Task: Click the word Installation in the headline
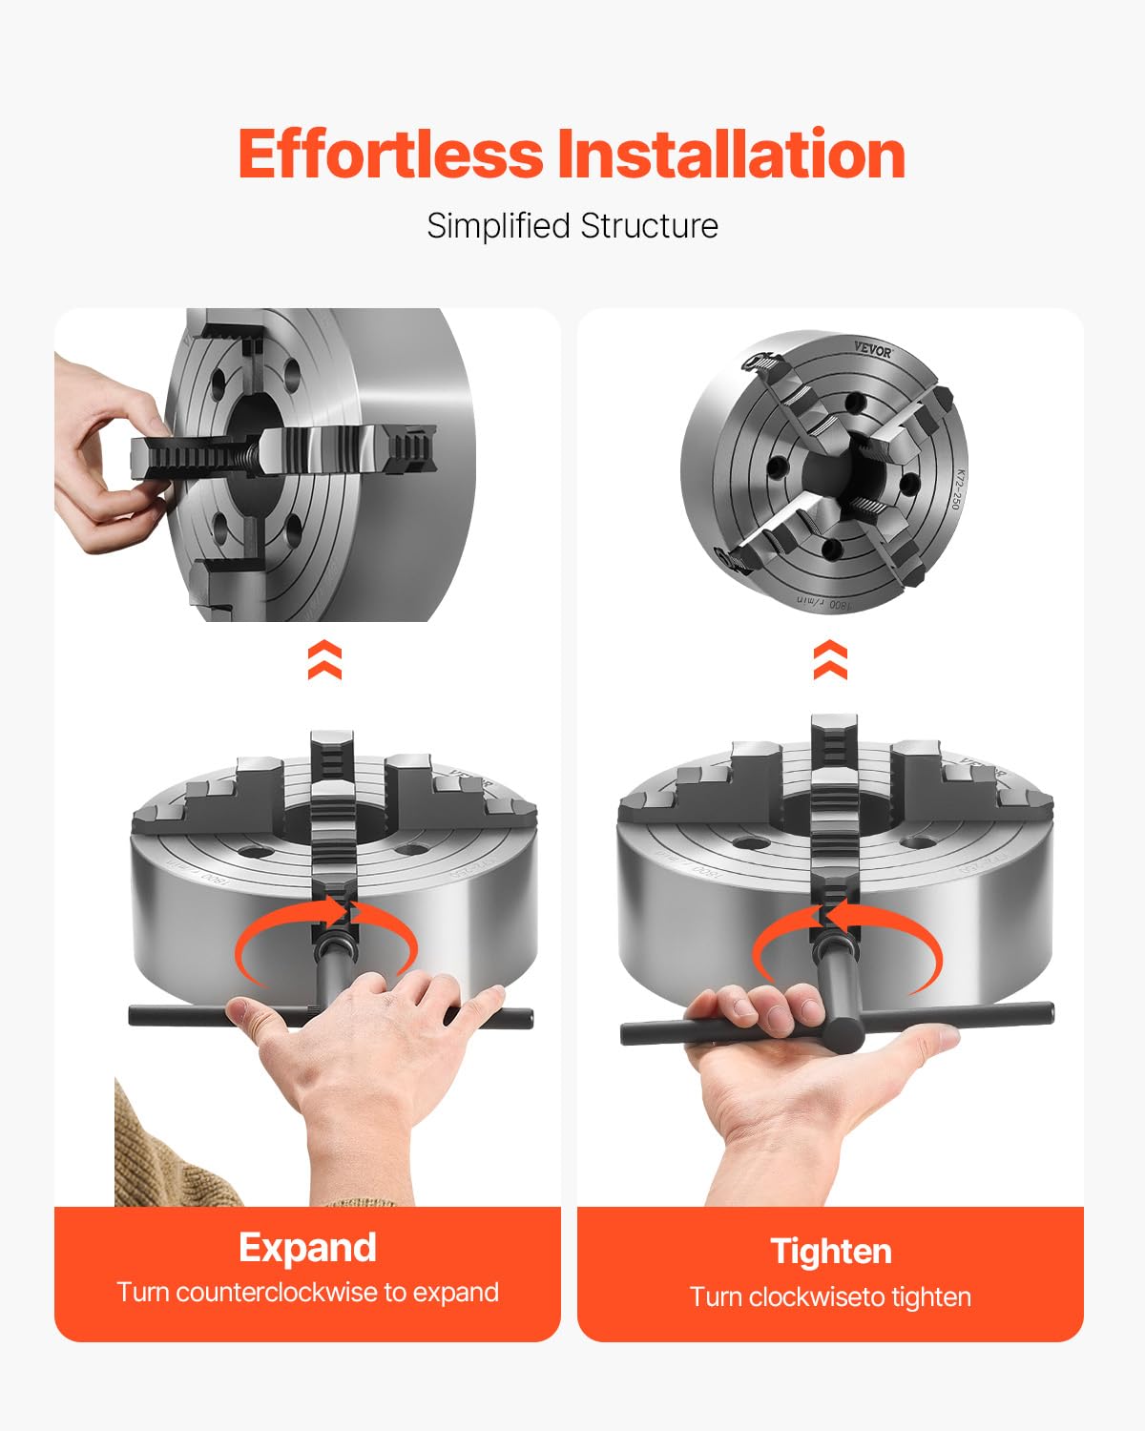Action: pos(731,156)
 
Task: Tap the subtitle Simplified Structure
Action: pos(572,226)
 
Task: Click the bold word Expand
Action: pos(307,1248)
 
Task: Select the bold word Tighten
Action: pos(831,1251)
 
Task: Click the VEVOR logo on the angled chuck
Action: pos(872,351)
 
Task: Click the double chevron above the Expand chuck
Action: pos(324,660)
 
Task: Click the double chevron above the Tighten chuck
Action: pos(830,660)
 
